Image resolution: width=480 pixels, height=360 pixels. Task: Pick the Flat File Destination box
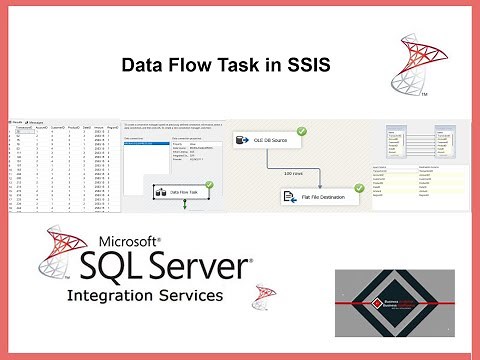tap(318, 197)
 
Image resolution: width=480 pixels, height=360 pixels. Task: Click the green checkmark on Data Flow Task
tap(209, 184)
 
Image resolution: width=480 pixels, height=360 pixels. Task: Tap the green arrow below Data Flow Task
tap(185, 203)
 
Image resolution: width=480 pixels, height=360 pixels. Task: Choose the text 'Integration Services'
tap(144, 297)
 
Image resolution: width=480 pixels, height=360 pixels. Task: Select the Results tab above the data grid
tap(18, 121)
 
